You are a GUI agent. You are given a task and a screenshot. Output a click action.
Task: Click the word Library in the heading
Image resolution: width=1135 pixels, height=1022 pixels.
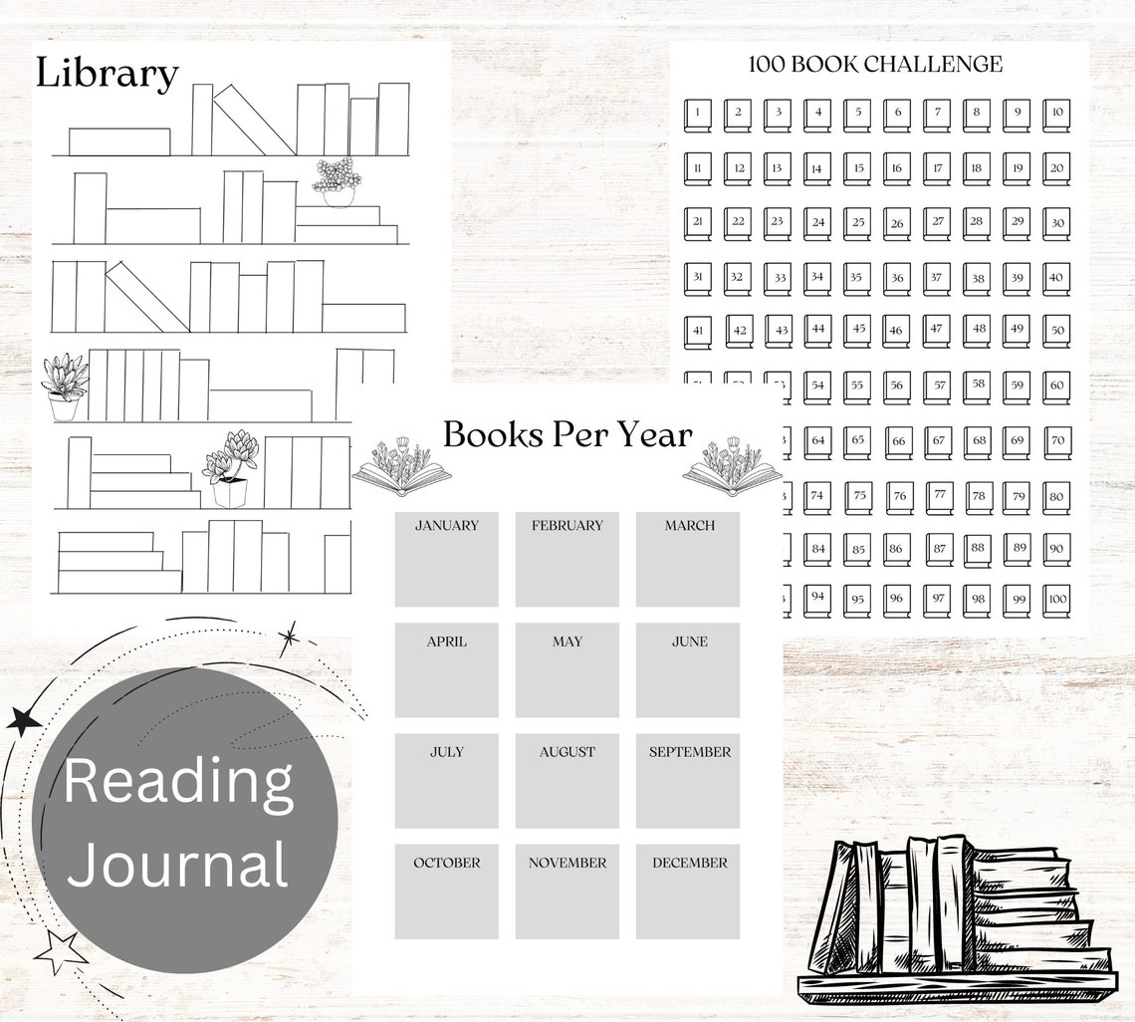coord(108,75)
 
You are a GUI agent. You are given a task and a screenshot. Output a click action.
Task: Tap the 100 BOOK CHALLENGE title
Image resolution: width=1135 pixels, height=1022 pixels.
coord(875,65)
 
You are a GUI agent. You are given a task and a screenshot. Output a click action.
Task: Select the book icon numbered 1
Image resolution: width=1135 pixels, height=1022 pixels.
coord(697,115)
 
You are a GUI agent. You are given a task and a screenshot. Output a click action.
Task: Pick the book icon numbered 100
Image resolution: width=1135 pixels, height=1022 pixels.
coord(1056,600)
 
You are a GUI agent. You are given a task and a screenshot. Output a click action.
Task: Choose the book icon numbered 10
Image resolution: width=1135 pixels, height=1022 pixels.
coord(1056,115)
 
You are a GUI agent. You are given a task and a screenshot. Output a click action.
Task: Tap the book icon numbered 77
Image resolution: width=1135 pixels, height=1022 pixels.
coord(937,494)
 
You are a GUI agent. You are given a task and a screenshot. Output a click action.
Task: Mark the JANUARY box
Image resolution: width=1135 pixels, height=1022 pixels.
coord(446,559)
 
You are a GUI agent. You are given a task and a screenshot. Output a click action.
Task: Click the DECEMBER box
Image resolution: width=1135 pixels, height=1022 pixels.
coord(688,892)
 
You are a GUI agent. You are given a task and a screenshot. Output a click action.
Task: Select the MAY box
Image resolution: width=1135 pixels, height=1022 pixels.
coord(567,670)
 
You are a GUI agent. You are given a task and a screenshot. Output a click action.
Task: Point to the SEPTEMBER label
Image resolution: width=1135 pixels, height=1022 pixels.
coord(689,752)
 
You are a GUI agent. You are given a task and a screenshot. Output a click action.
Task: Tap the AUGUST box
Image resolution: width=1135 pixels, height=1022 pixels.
coord(567,781)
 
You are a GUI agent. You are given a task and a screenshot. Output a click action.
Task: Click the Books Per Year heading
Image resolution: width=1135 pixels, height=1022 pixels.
coord(567,435)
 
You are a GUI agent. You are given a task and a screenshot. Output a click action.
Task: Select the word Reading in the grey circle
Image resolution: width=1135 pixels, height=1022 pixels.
coord(179,782)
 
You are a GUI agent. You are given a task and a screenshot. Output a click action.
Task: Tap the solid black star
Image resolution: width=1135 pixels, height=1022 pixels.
coord(23,720)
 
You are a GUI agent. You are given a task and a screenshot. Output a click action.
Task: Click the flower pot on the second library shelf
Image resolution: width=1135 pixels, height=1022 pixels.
coord(337,182)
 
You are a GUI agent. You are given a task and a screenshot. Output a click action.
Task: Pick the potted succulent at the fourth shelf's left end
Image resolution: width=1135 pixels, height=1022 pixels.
coord(65,387)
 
